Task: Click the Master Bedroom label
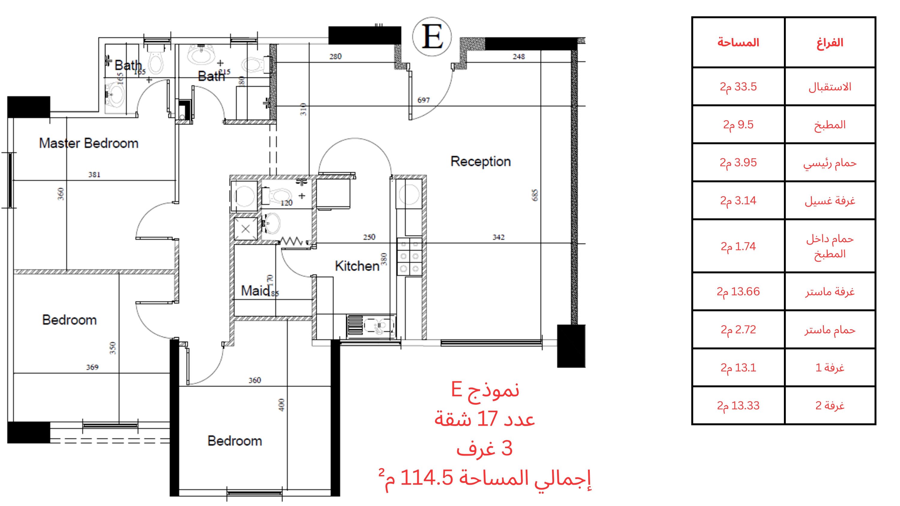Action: (x=89, y=143)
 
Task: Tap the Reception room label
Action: (x=481, y=161)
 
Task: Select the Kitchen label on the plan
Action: (x=357, y=266)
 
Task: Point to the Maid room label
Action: (x=255, y=290)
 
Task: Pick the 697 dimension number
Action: (x=423, y=100)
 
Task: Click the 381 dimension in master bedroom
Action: (x=94, y=174)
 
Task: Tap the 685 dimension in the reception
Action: (x=535, y=195)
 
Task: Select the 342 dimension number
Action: (x=499, y=237)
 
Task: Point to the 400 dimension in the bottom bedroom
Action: (x=282, y=405)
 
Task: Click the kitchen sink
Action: (x=371, y=326)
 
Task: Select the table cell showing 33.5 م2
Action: (x=738, y=87)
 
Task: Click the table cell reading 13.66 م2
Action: (x=738, y=292)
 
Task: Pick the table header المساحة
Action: (x=738, y=43)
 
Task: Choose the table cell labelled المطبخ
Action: (x=830, y=125)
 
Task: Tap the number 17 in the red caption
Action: (x=487, y=419)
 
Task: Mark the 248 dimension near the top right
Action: (x=519, y=57)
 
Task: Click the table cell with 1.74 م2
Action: (x=738, y=246)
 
